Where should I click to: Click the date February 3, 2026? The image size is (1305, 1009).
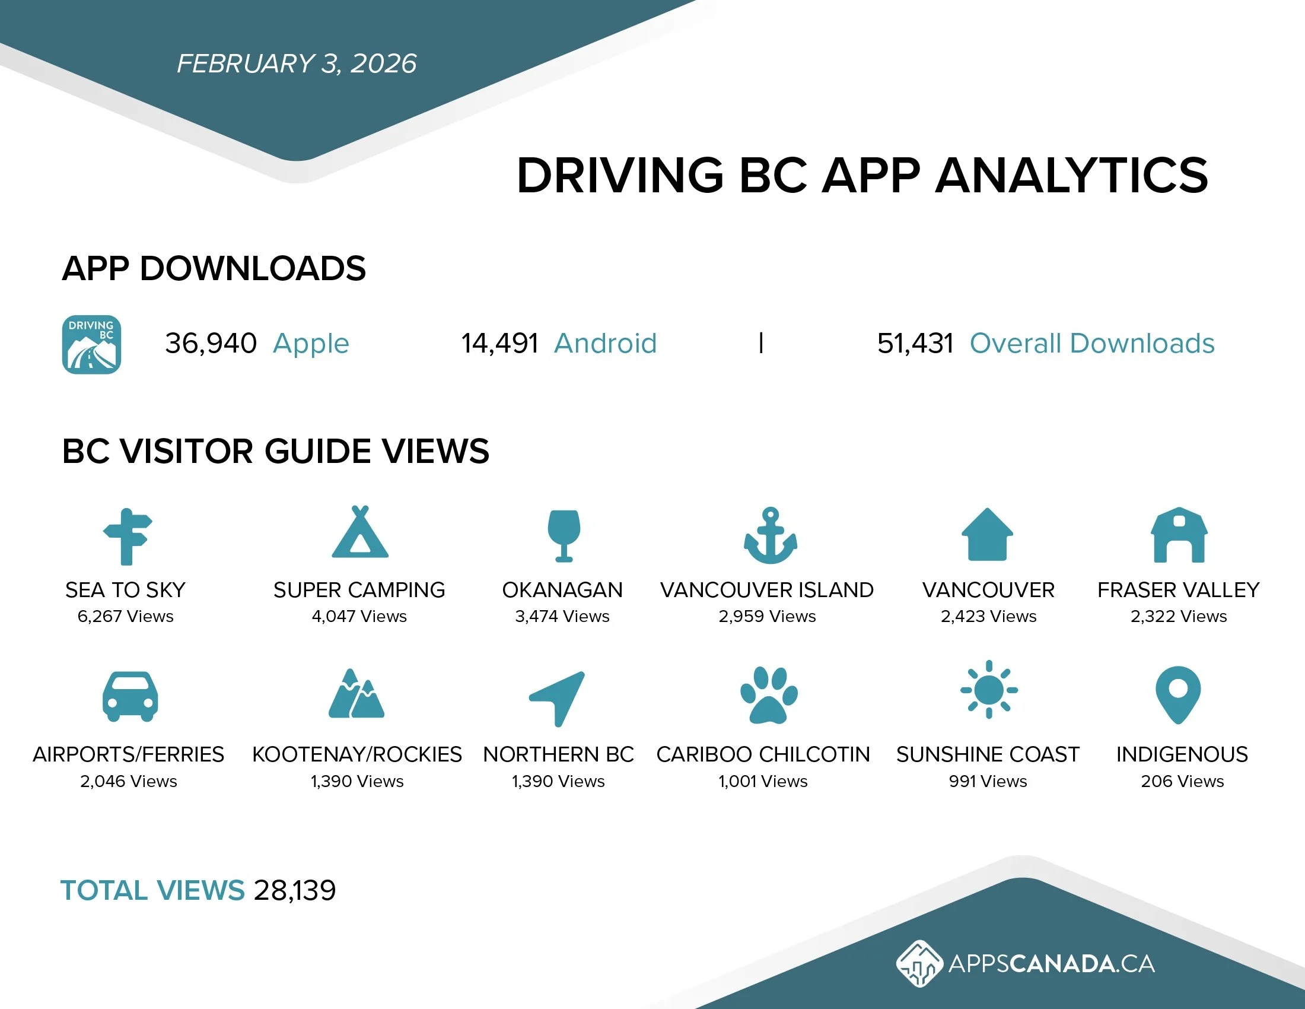pos(297,64)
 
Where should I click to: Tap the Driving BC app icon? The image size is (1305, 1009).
pos(91,344)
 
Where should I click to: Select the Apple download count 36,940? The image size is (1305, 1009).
pos(211,344)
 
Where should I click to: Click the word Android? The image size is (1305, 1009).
pos(604,344)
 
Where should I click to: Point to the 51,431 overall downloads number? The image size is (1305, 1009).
pos(915,344)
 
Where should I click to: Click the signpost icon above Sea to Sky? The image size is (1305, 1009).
pos(127,536)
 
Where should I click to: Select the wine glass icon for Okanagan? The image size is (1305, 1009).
pos(564,535)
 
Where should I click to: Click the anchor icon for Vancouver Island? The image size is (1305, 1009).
pos(770,535)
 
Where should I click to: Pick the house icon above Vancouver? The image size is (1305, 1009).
pos(987,534)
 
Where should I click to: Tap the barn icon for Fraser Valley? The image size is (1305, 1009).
pos(1179,535)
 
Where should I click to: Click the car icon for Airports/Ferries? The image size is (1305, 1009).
pos(130,696)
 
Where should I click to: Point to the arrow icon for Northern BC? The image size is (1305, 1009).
pos(559,697)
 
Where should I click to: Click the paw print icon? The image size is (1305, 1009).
pos(769,694)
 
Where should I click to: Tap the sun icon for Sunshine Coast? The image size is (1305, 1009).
pos(989,690)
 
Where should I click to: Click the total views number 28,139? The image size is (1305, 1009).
pos(295,891)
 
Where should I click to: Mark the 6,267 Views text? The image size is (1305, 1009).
pos(126,616)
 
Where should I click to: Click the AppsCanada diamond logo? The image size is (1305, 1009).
pos(919,963)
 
